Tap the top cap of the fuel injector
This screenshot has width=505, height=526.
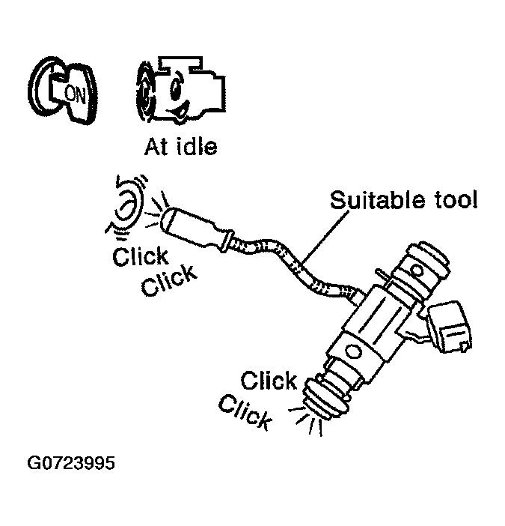[x=425, y=262]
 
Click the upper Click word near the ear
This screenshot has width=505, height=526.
[x=140, y=257]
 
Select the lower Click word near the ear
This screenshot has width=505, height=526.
[x=170, y=282]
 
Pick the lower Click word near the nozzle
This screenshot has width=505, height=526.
[x=245, y=411]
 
